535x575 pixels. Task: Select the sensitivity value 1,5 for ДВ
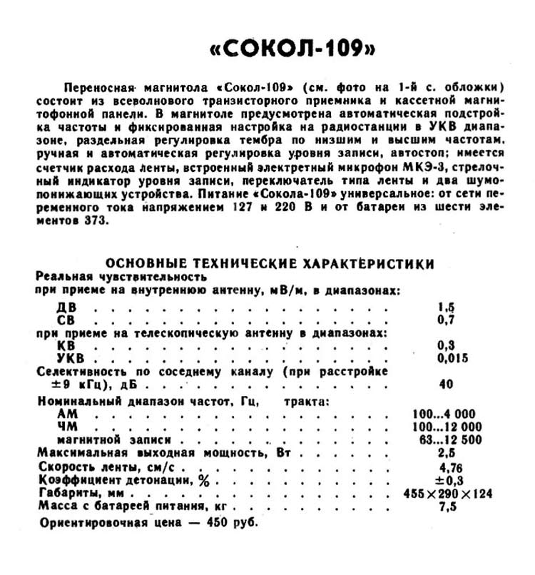(447, 307)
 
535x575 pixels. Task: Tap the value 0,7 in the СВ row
(447, 320)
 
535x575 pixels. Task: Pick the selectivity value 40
(447, 384)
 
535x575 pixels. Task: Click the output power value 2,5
(447, 452)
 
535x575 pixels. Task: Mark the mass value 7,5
(447, 507)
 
